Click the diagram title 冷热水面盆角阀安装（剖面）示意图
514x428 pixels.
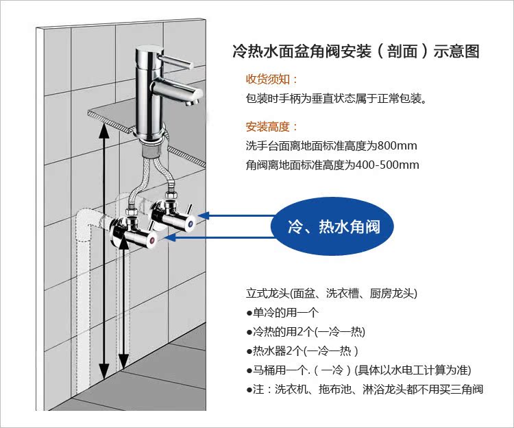356,51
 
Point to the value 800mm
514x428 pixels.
397,145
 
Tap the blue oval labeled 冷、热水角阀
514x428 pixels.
332,226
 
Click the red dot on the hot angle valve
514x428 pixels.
151,241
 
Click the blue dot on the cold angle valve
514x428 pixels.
191,224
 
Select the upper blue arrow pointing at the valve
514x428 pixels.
236,215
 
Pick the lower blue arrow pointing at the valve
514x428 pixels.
219,237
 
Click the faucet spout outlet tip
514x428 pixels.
189,103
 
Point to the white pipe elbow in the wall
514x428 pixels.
86,223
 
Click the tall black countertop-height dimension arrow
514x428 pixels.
104,252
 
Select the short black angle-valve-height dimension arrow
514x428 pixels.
123,303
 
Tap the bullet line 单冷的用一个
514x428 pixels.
282,313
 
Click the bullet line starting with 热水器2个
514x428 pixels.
302,351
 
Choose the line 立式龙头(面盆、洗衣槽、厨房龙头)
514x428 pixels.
332,293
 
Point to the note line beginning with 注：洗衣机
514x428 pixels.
365,390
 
